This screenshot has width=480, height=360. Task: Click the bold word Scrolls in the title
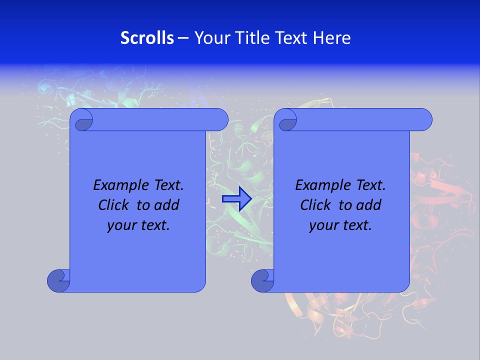(x=147, y=38)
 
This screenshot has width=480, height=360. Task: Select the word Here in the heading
(x=331, y=38)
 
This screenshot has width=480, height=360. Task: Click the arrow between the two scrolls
(x=236, y=199)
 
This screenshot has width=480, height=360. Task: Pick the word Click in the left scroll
(x=115, y=205)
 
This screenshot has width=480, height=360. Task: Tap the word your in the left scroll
(x=120, y=225)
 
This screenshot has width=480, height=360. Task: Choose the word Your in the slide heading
(x=208, y=38)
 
